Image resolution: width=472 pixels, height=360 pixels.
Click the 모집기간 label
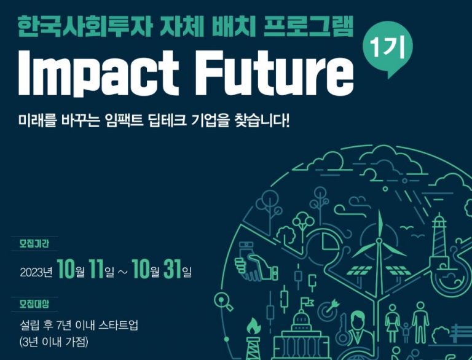click(x=34, y=244)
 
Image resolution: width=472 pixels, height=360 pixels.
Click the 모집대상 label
click(x=34, y=304)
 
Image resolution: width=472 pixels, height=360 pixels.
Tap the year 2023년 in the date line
click(x=36, y=272)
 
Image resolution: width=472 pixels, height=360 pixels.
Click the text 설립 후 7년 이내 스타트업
click(x=79, y=325)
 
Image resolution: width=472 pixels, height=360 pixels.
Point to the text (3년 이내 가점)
click(x=54, y=342)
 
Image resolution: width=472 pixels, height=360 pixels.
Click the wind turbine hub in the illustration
click(x=379, y=241)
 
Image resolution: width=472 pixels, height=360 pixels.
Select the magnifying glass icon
click(x=223, y=302)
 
